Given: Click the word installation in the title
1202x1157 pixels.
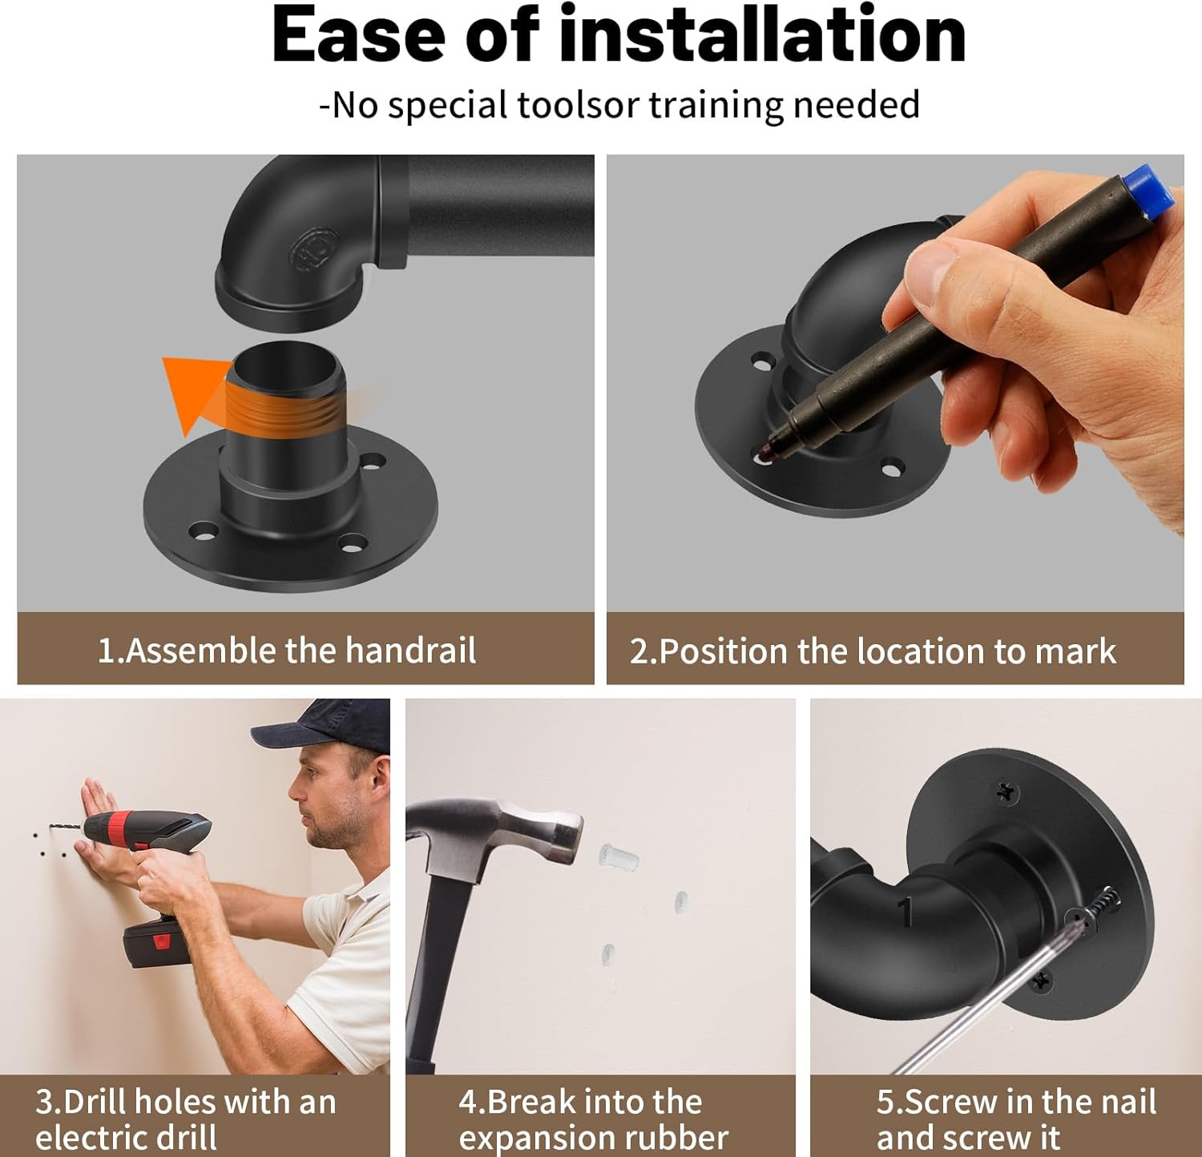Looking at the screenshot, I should pos(761,36).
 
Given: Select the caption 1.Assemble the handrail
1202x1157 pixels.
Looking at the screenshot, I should pos(287,650).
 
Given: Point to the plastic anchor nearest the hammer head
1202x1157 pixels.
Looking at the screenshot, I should pos(619,857).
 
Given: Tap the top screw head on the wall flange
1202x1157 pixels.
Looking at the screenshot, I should pos(1006,792).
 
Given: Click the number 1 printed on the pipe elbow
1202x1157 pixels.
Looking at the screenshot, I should pos(906,912).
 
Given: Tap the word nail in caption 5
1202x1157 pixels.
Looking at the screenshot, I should pos(1127,1102).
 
